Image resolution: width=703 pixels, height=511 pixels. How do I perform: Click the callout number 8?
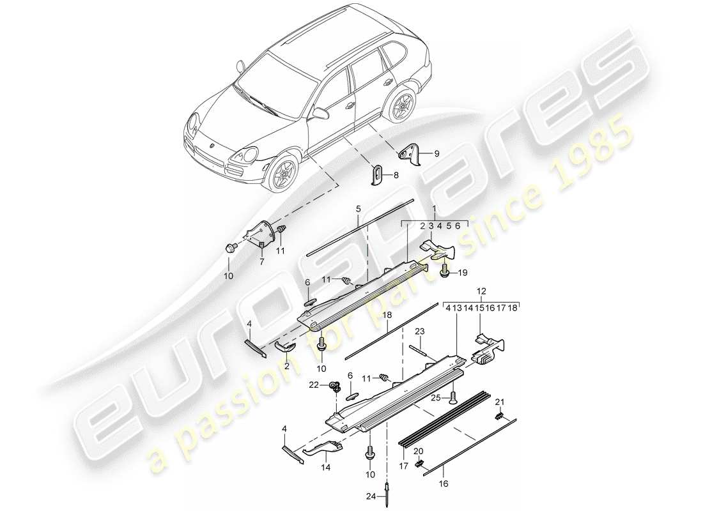pyautogui.click(x=396, y=174)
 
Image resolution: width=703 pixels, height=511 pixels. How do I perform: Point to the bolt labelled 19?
pyautogui.click(x=445, y=272)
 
